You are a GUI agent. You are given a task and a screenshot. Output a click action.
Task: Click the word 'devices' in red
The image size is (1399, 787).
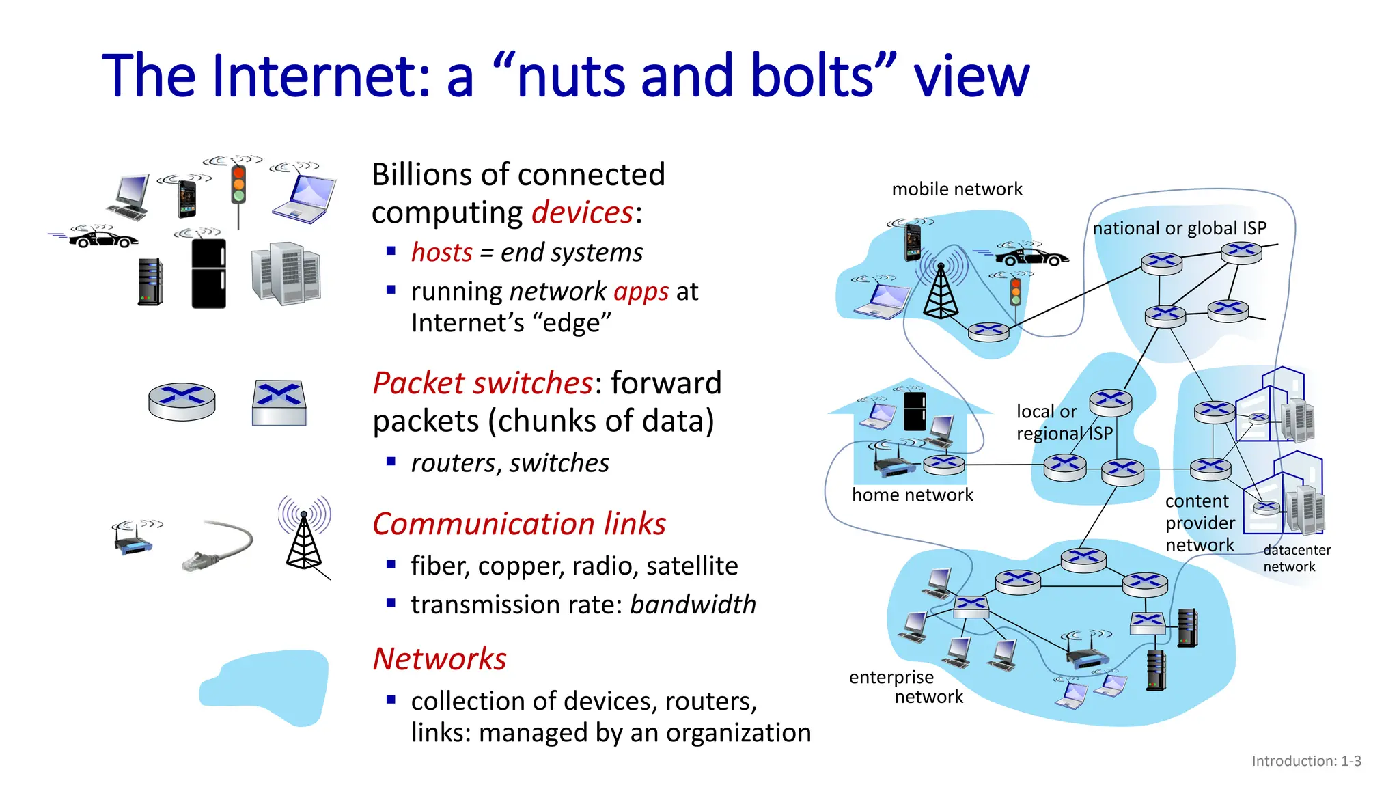click(x=583, y=212)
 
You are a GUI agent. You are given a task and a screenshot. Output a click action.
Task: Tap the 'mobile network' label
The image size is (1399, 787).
click(x=956, y=189)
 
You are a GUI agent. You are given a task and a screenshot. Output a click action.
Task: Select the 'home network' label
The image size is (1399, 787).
click(x=912, y=495)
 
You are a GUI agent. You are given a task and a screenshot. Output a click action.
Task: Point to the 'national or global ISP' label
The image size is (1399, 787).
click(x=1179, y=228)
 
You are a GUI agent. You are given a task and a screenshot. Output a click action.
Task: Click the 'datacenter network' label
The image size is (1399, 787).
click(x=1296, y=558)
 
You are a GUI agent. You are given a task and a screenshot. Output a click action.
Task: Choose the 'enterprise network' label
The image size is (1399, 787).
click(x=905, y=687)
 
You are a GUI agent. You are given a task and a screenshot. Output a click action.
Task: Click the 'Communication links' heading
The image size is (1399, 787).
click(x=518, y=524)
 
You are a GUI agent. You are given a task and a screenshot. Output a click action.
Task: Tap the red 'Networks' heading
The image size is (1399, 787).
click(x=439, y=659)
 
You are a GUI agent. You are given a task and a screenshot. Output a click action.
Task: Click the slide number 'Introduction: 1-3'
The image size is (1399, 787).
click(x=1305, y=761)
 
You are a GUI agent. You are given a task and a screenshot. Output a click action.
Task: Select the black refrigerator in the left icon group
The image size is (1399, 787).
click(x=208, y=273)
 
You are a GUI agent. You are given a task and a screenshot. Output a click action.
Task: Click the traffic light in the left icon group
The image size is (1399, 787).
click(x=238, y=184)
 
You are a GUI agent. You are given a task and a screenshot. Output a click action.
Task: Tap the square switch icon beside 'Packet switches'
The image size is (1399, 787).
click(x=279, y=402)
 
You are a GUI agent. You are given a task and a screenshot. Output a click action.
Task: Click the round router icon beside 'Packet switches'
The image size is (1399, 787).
click(x=182, y=401)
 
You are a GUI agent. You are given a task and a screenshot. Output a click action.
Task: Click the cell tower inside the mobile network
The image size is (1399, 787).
click(x=941, y=290)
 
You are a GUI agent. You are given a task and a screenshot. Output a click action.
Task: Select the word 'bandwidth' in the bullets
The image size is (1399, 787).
click(x=693, y=605)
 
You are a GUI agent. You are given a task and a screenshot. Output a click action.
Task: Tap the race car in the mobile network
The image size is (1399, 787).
click(x=1031, y=257)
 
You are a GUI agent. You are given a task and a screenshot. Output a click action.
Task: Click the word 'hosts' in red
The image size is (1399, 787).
click(x=441, y=252)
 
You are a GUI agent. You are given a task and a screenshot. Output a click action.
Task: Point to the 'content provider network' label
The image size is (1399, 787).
click(x=1200, y=523)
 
